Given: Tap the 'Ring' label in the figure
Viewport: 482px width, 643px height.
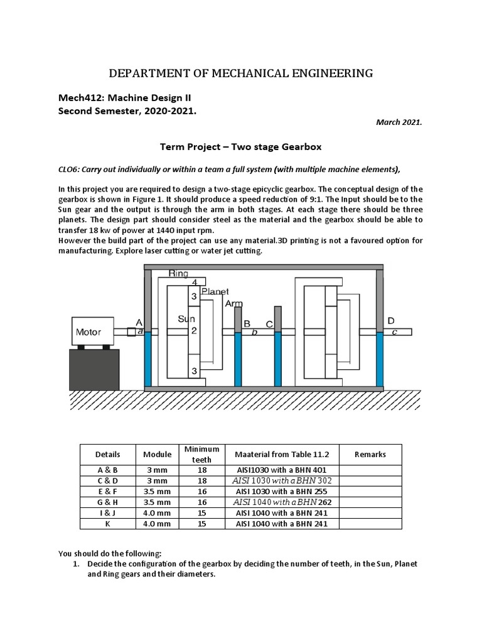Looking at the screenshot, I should point(178,274).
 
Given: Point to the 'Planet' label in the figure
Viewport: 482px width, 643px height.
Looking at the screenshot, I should point(215,291).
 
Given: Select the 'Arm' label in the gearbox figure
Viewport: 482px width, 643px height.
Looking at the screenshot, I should point(233,303).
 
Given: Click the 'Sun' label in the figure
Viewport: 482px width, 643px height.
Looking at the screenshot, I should point(186,319).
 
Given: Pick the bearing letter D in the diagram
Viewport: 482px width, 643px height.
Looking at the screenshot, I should point(390,320).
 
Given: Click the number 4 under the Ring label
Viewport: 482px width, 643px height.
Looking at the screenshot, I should point(194,283).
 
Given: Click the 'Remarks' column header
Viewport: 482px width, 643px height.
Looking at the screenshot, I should point(370,454).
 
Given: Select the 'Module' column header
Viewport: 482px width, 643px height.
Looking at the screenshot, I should point(157,454).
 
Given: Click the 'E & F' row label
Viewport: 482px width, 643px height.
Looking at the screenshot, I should point(107,492).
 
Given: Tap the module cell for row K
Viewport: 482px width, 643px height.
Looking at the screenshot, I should point(157,524).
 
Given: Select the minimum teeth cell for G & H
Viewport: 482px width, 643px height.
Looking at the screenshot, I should point(201,502).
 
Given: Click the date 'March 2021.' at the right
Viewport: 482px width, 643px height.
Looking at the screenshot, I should point(399,123).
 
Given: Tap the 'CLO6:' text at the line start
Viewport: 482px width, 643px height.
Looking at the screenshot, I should point(70,169).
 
